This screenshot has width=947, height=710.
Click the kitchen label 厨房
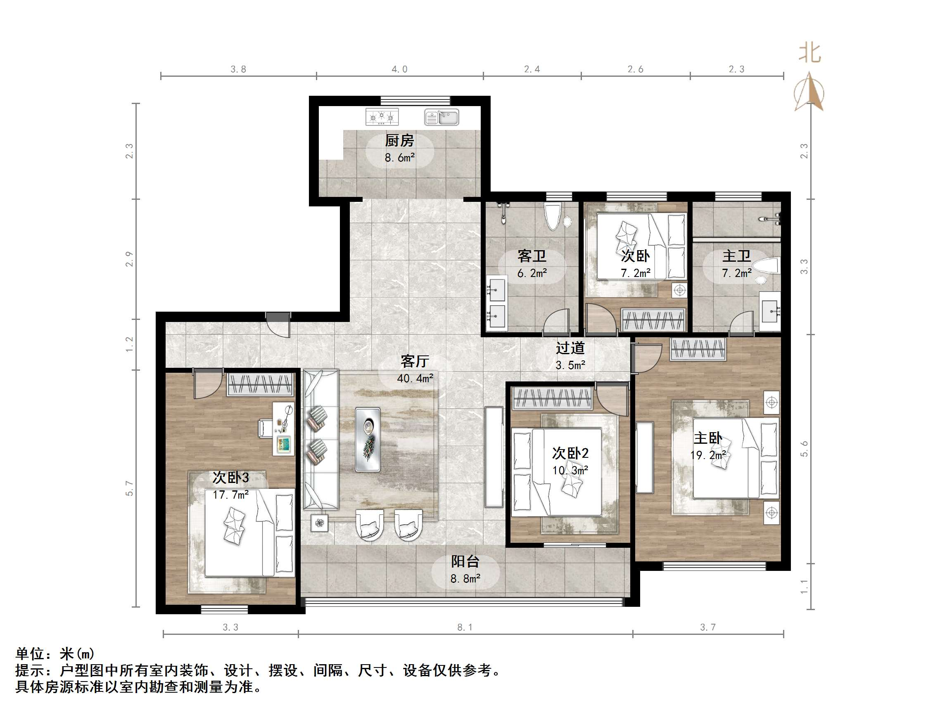[399, 140]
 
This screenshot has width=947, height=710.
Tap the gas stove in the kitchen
[382, 117]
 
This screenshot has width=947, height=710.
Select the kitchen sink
[441, 117]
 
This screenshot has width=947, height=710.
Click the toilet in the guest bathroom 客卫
[552, 216]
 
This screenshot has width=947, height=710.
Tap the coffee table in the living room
[368, 439]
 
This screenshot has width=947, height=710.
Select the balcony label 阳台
[465, 561]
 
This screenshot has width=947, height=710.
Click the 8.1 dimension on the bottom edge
[465, 627]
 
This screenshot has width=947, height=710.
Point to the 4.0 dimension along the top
[399, 69]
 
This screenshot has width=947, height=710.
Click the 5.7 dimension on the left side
[129, 488]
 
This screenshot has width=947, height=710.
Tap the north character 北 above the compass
[809, 54]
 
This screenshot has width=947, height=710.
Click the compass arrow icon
[809, 92]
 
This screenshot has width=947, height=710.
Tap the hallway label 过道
[570, 348]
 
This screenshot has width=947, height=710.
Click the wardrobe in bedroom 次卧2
[552, 398]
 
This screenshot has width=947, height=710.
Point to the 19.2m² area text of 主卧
[708, 455]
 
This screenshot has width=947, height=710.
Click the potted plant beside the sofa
[319, 522]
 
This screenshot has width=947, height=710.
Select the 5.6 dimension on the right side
[804, 449]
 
